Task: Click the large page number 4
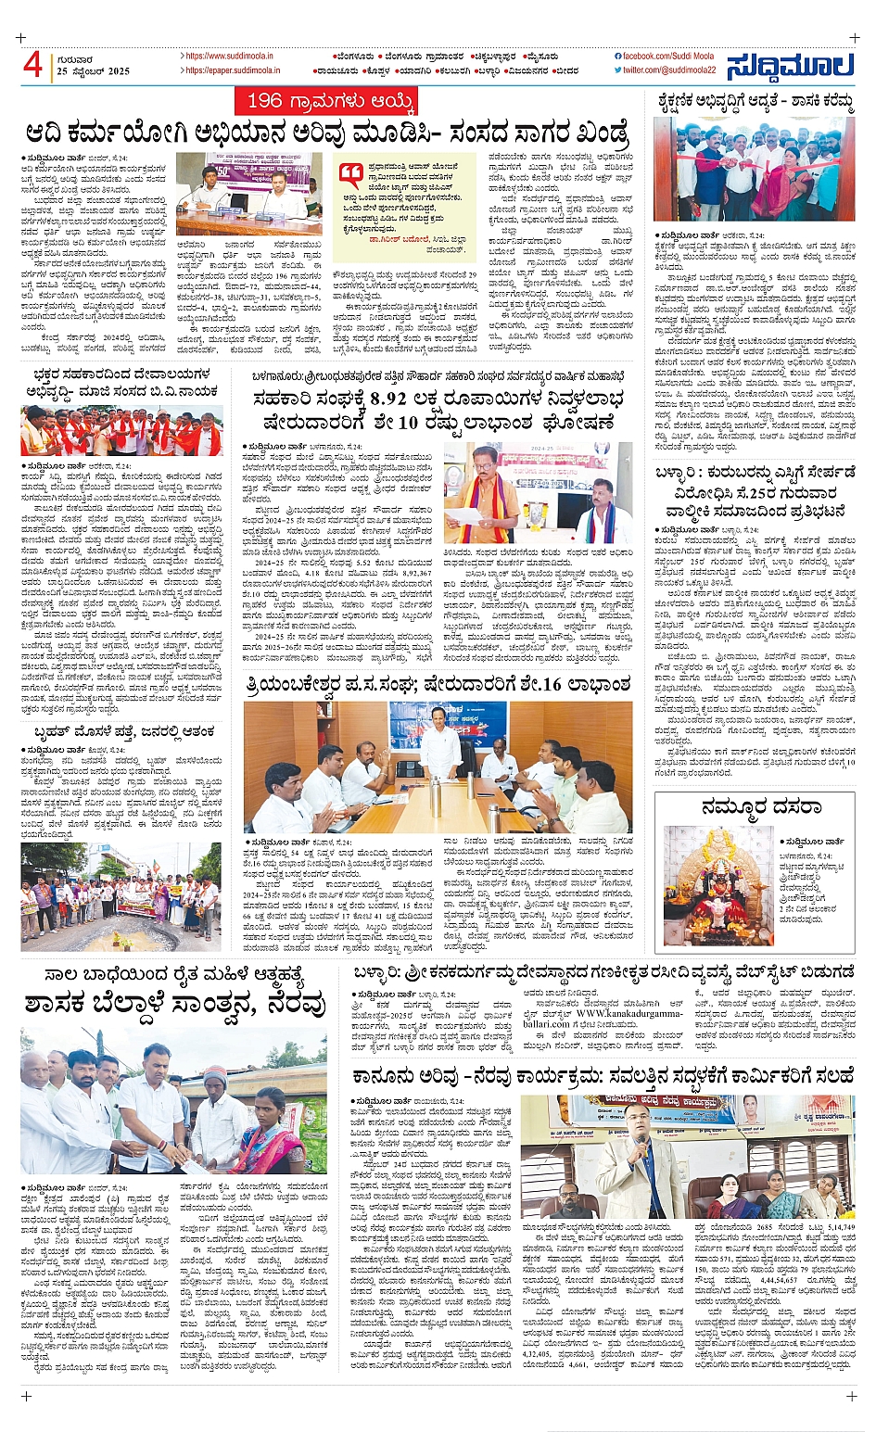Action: pos(33,64)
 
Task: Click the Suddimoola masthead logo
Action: pos(789,66)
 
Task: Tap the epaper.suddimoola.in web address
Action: pos(228,70)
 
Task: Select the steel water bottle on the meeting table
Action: pos(435,798)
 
